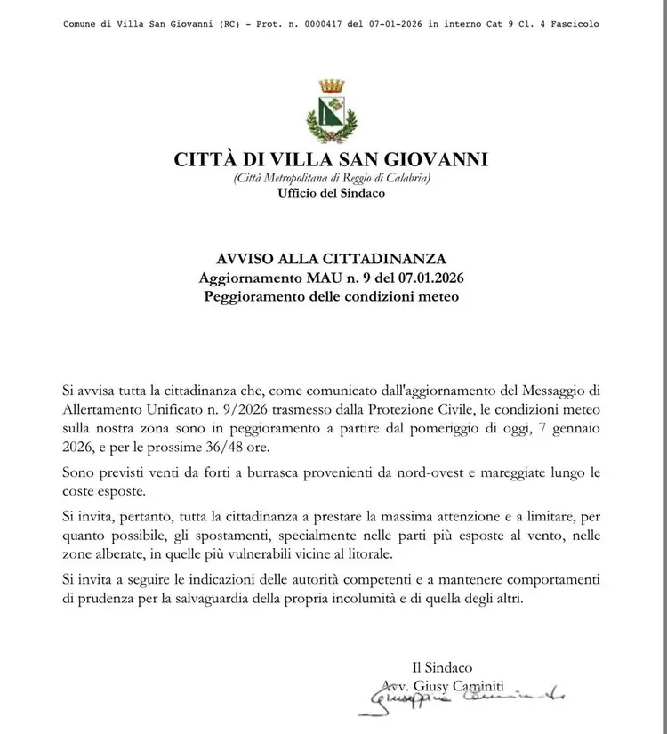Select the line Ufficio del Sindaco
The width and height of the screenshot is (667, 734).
point(332,193)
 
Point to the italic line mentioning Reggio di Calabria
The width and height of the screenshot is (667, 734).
point(332,179)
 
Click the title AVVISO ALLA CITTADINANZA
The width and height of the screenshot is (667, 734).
point(331,259)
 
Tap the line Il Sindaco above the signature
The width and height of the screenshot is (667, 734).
point(442,667)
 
